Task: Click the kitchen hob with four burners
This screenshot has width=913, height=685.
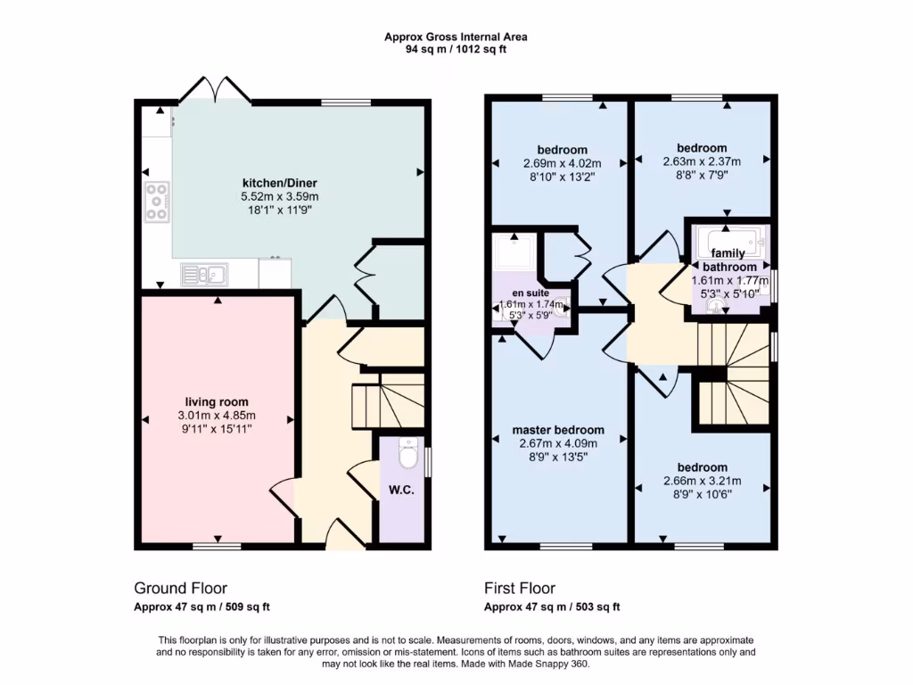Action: tap(156, 201)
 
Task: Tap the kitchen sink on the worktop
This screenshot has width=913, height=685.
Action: tap(203, 275)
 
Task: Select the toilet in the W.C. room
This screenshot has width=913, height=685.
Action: tap(408, 455)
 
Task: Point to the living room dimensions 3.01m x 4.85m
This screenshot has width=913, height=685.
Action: tap(217, 416)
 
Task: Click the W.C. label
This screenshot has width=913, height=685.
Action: tap(401, 490)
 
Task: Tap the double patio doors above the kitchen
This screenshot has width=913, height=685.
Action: tap(214, 89)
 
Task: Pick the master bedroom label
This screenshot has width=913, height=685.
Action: tap(557, 430)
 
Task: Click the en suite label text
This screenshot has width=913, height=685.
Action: tap(530, 293)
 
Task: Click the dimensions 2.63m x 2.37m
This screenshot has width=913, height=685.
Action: tap(702, 162)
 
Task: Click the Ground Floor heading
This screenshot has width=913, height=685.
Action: tap(180, 588)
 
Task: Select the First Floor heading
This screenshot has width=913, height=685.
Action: tap(519, 588)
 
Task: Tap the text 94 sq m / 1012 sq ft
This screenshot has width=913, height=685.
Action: tap(456, 50)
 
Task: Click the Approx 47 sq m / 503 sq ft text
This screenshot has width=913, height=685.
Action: tap(552, 607)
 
